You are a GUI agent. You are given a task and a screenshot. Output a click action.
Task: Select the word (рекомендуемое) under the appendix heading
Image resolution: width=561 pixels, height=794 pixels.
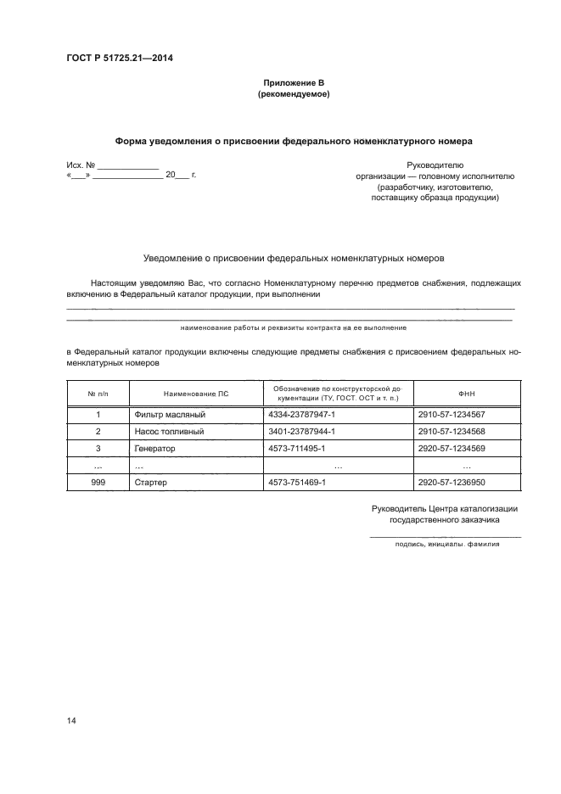click(293, 95)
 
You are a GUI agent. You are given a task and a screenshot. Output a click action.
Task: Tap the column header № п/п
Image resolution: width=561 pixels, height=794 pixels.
click(98, 394)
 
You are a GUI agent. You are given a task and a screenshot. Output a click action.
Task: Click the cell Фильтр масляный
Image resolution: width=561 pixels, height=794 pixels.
click(171, 415)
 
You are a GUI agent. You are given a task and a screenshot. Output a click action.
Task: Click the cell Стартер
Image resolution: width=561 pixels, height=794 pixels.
click(151, 482)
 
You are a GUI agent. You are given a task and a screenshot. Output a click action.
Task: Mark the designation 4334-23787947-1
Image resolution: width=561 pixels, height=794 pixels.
click(302, 415)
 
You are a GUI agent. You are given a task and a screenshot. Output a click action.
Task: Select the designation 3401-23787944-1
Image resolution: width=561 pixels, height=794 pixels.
click(302, 431)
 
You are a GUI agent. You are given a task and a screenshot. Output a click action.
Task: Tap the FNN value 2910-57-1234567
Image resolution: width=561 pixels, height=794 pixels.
click(452, 415)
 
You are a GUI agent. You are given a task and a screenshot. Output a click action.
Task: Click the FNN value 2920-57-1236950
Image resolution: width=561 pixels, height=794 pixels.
click(452, 482)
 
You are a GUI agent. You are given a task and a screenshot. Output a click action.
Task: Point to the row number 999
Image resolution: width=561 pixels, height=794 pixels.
click(98, 482)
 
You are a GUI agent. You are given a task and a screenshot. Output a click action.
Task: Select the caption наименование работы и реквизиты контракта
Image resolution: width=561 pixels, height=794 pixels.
click(293, 327)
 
